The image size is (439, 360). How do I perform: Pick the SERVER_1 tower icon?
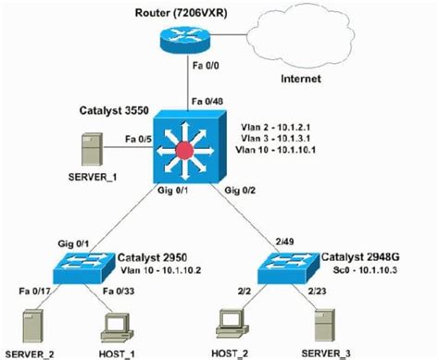pos(92,149)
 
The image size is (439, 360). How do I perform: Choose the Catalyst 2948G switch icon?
pos(294,258)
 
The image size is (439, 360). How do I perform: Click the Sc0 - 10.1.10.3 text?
pos(358,266)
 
